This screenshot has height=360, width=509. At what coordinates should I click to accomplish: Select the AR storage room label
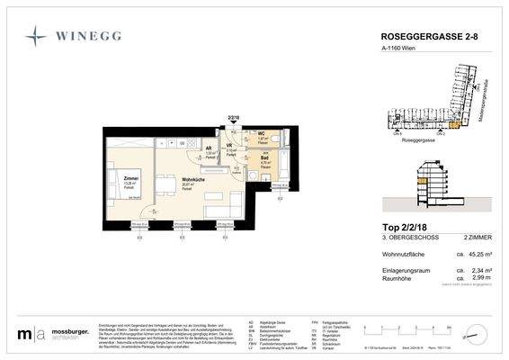coord(209,148)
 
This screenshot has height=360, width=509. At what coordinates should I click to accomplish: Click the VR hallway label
coord(230,145)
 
